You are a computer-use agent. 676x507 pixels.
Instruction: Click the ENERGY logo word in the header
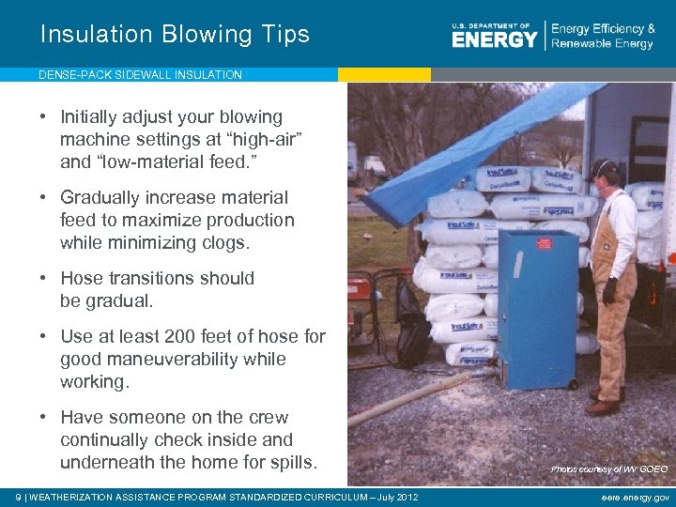click(x=494, y=38)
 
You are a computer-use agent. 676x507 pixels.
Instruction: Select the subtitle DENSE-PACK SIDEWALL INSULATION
click(x=140, y=74)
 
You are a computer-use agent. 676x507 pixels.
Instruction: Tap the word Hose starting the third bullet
click(x=82, y=278)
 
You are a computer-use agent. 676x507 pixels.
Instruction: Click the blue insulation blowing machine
click(x=538, y=305)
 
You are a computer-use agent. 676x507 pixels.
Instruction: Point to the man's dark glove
click(x=609, y=290)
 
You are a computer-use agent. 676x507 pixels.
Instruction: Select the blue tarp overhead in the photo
click(x=469, y=150)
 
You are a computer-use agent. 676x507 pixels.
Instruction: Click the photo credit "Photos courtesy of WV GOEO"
click(x=609, y=469)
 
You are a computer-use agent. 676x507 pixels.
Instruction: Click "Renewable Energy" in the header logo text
click(x=602, y=44)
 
